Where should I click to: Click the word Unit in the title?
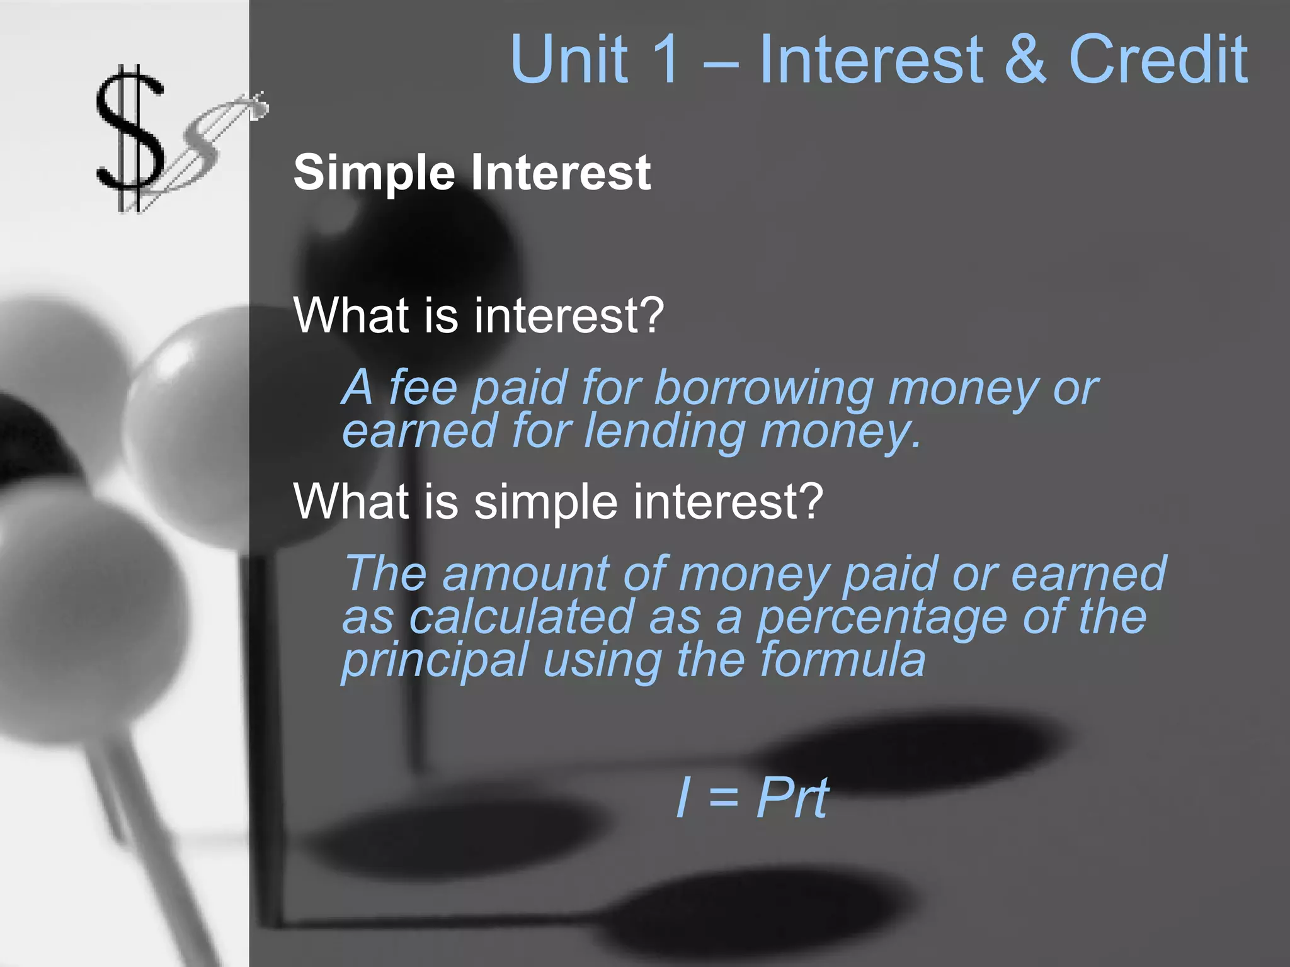pyautogui.click(x=570, y=59)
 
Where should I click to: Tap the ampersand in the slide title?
pyautogui.click(x=1025, y=59)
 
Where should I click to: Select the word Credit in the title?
pyautogui.click(x=1158, y=59)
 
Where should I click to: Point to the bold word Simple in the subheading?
pyautogui.click(x=374, y=173)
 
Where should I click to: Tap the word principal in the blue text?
pyautogui.click(x=435, y=661)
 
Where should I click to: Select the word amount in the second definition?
pyautogui.click(x=525, y=574)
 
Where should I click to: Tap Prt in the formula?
pyautogui.click(x=792, y=798)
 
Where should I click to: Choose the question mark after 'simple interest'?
pyautogui.click(x=809, y=502)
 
